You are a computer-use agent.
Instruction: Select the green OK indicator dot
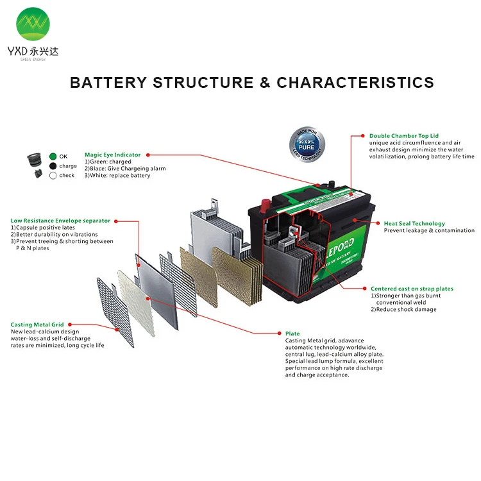coord(53,156)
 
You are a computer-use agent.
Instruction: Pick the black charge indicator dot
coord(53,165)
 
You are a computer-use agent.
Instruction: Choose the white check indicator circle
coord(53,175)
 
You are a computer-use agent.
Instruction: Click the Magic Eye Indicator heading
coord(112,155)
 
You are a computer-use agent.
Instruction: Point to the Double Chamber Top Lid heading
coord(403,136)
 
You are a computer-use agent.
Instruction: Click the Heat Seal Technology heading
coord(414,224)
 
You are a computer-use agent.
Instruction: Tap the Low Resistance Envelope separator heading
coord(60,221)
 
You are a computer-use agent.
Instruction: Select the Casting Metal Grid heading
coord(37,325)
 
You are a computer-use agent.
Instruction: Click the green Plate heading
coord(292,333)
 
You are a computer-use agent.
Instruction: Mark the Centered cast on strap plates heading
coord(412,289)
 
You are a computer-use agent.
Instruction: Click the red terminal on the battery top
coord(262,207)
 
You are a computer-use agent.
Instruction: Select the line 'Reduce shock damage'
coord(403,309)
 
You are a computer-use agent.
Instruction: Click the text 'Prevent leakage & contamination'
coord(429,231)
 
